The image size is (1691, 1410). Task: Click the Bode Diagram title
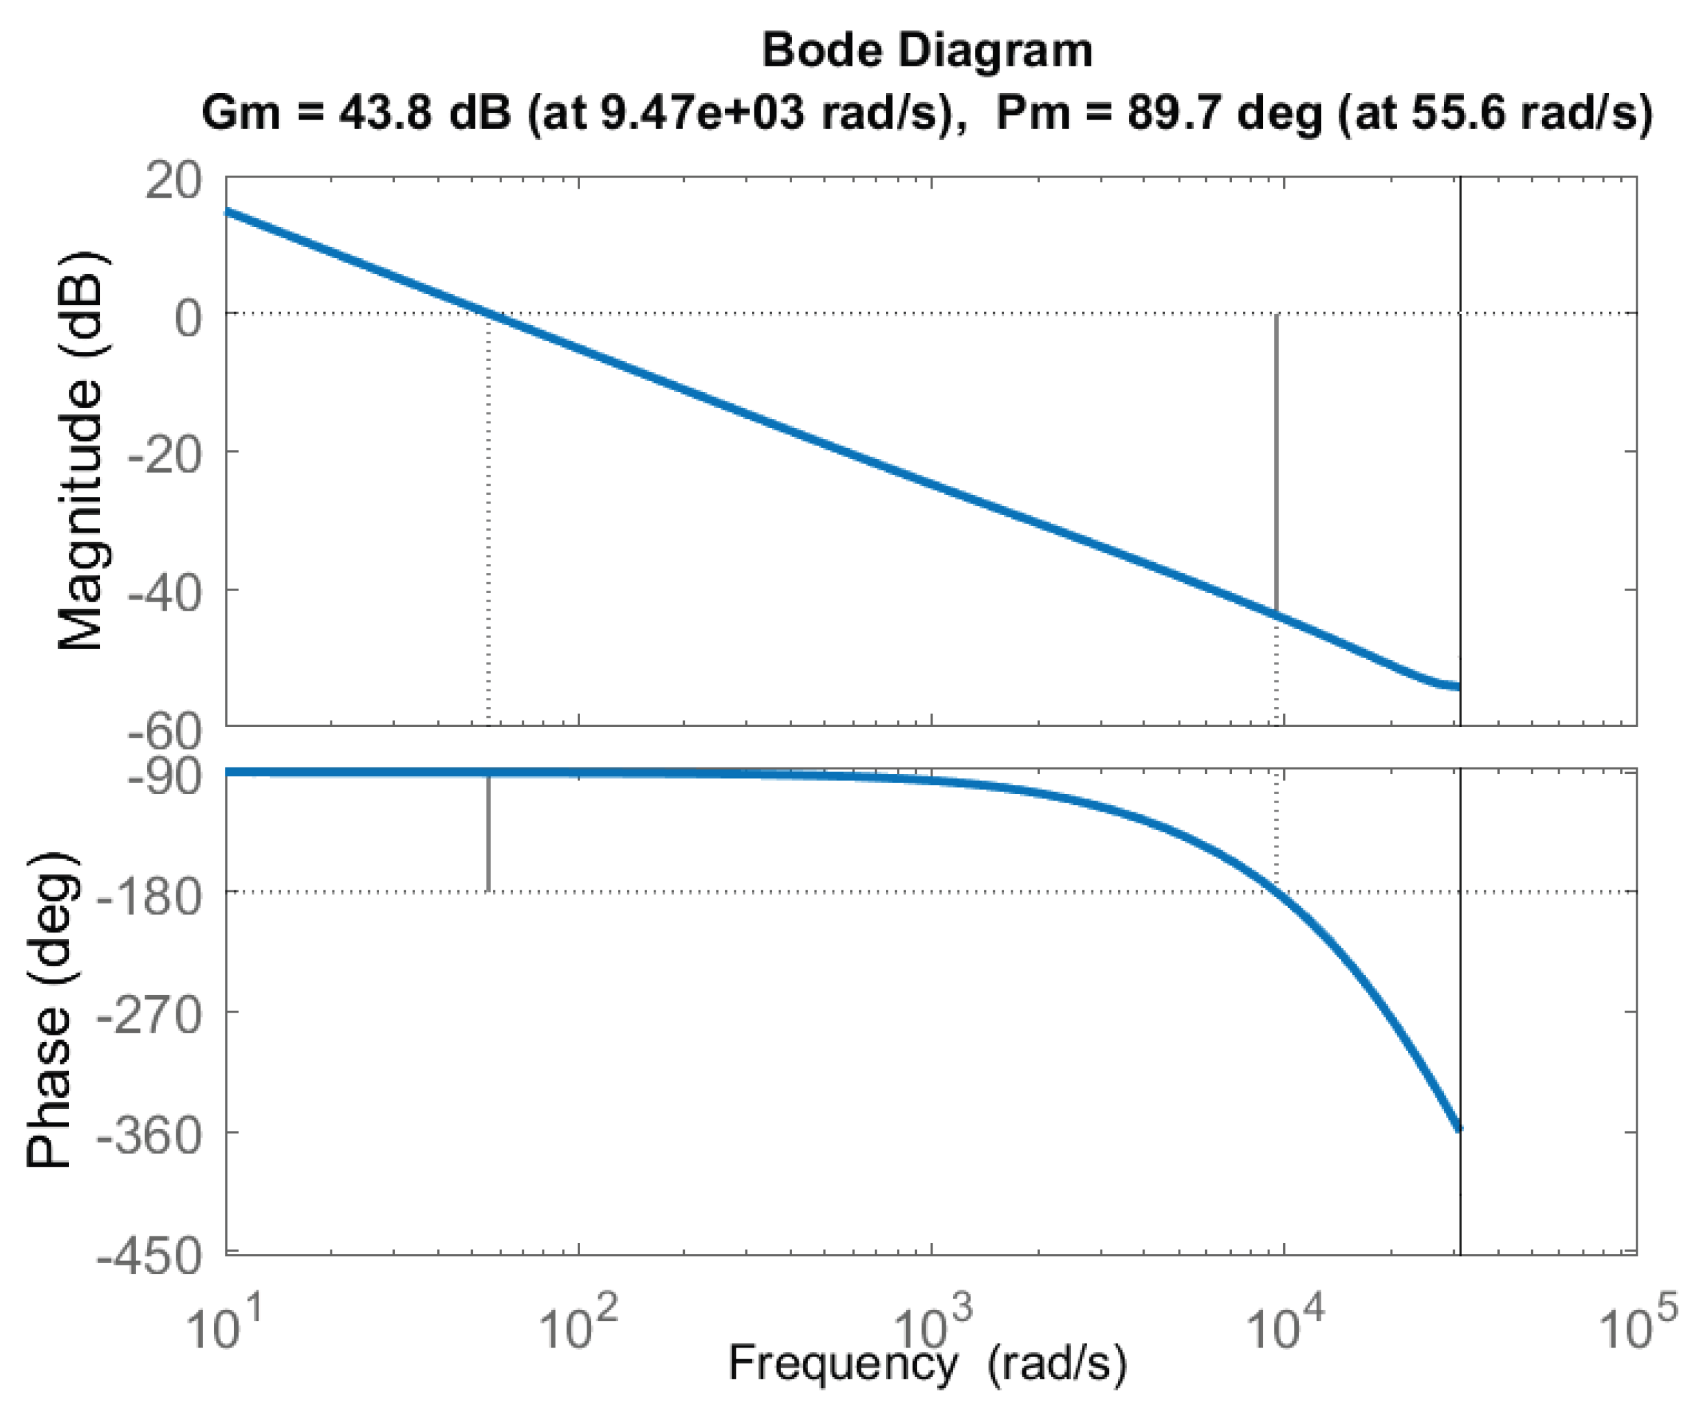[x=927, y=51]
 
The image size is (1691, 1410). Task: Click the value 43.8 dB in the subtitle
[x=424, y=112]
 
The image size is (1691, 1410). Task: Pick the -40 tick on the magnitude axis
[x=165, y=594]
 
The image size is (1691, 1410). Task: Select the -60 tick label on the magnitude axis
[x=165, y=731]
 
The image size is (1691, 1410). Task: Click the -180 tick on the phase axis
[x=150, y=896]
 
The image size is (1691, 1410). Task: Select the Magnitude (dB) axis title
[x=81, y=451]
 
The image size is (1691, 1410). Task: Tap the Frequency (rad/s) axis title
[x=927, y=1364]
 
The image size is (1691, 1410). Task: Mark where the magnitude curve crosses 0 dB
[x=489, y=312]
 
